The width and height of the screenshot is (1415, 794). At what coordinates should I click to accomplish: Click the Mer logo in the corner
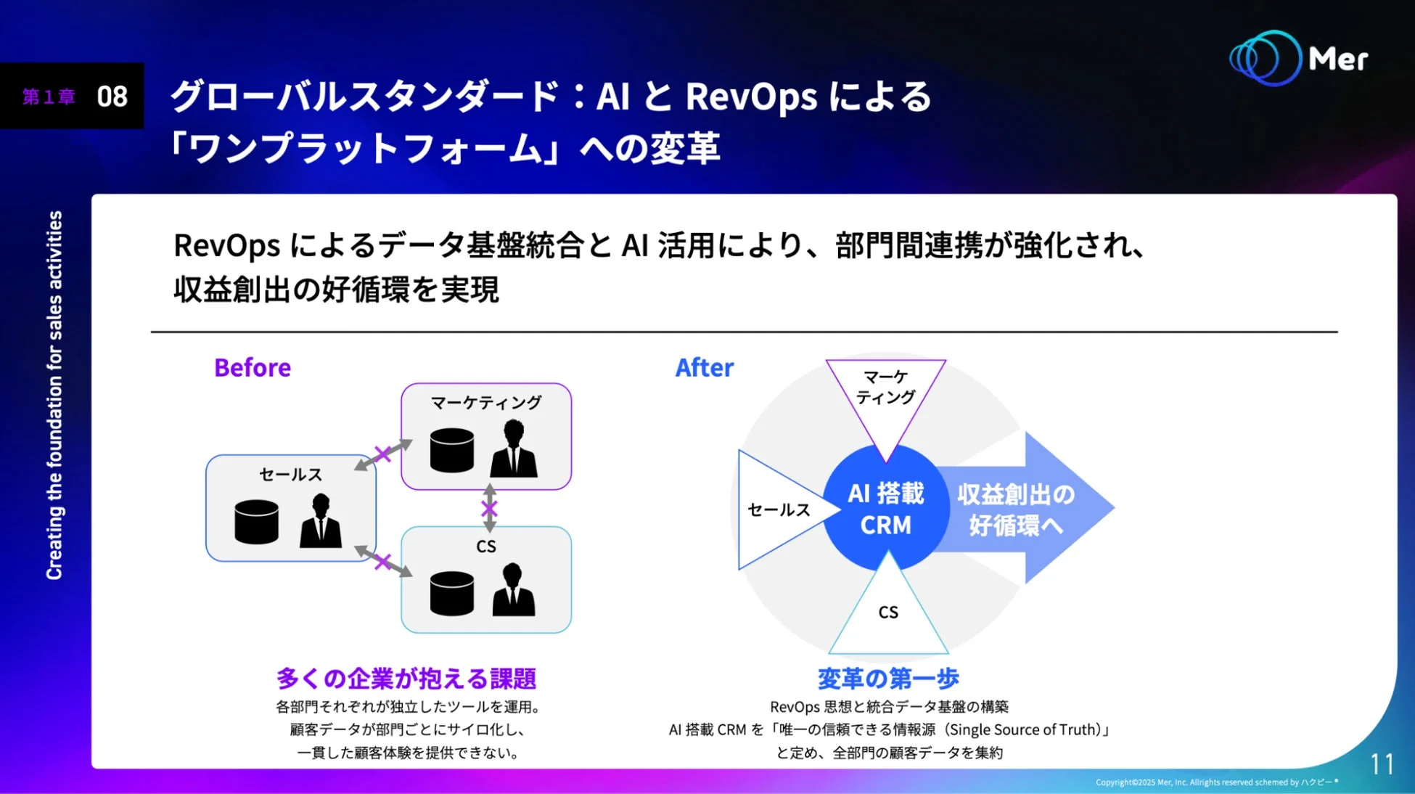(x=1298, y=58)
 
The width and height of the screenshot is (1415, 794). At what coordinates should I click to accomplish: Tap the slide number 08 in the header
(x=112, y=97)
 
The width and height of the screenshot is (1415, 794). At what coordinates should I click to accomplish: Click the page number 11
(x=1382, y=764)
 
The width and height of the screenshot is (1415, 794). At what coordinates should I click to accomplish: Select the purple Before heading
(x=252, y=368)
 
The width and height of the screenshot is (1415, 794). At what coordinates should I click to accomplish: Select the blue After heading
(x=704, y=368)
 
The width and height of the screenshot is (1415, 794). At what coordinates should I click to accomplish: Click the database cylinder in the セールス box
(x=256, y=521)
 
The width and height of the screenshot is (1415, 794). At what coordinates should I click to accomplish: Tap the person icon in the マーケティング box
(x=514, y=449)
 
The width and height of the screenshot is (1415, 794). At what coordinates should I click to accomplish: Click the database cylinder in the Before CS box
(x=451, y=593)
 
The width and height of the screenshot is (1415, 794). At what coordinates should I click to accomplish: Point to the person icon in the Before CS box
(x=514, y=591)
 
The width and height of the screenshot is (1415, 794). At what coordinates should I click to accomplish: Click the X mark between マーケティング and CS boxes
(x=489, y=508)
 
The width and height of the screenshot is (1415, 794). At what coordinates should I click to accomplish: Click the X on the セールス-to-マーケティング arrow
(x=382, y=454)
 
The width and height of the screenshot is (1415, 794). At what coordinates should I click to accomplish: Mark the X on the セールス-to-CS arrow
(x=382, y=562)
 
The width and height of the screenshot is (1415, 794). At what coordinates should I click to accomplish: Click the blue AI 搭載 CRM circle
(x=885, y=509)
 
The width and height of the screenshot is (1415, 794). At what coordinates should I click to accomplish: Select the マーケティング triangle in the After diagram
(x=885, y=396)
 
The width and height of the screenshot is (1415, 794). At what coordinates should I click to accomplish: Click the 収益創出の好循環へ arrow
(x=1023, y=509)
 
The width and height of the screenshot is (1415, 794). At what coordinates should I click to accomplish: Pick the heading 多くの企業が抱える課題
(x=406, y=679)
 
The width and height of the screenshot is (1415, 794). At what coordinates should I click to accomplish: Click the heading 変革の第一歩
(x=888, y=679)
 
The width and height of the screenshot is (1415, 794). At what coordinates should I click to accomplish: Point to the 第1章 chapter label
(x=49, y=97)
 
